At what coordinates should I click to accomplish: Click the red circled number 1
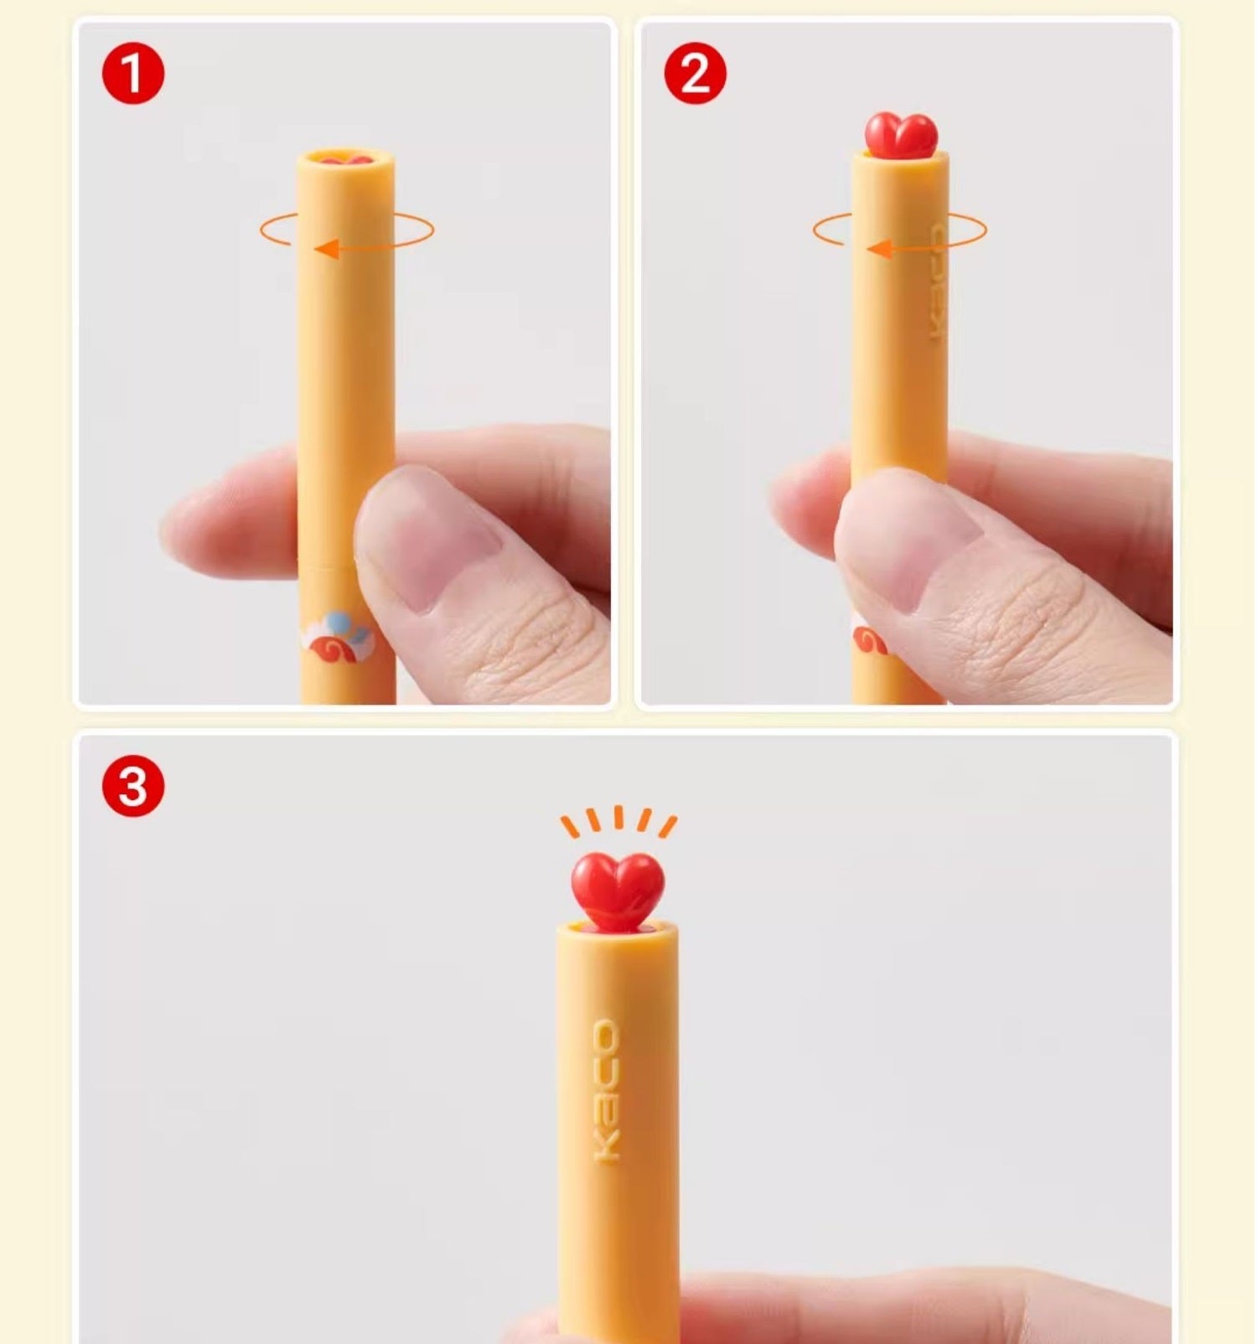point(133,74)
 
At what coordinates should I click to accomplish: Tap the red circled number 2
point(696,74)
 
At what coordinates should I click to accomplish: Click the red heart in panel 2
point(901,134)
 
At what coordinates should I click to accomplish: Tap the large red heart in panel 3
point(618,892)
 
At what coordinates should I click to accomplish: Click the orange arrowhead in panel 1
point(327,248)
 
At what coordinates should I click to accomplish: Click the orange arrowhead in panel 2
point(879,249)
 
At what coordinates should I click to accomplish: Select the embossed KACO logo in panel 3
point(607,1090)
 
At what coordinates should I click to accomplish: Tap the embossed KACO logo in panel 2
point(937,282)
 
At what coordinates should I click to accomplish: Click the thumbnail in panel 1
point(427,536)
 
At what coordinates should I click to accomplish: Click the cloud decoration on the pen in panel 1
point(338,637)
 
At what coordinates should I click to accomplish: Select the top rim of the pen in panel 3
point(618,928)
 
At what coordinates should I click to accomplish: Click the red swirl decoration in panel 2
point(870,642)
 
